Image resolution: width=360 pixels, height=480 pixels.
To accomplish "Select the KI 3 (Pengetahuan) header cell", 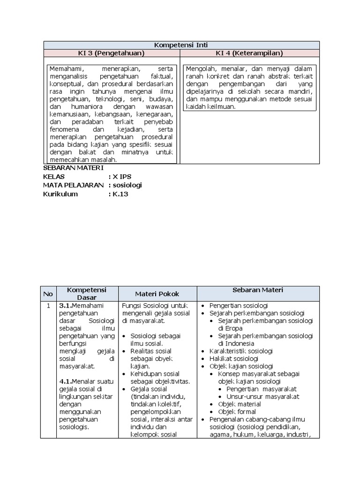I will [112, 53].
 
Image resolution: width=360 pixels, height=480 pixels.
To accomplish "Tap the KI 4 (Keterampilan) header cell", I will [249, 53].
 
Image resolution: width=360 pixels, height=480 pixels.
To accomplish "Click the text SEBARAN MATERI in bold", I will [73, 168].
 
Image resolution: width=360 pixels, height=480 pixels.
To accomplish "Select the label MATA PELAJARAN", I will [73, 185].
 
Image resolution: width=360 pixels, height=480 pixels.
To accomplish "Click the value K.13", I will [120, 194].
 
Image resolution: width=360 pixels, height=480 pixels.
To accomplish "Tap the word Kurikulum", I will [60, 194].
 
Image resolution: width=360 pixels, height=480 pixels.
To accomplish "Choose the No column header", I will [48, 294].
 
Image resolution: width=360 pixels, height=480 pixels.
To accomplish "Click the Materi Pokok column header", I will [157, 294].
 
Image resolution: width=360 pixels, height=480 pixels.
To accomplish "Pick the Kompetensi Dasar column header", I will [87, 294].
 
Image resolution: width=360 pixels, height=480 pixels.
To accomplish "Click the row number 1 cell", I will [48, 306].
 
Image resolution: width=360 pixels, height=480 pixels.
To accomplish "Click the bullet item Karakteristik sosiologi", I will [241, 351].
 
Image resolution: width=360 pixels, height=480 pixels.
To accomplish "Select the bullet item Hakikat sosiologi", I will [233, 359].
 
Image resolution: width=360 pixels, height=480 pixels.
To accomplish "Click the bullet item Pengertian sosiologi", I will [239, 306].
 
